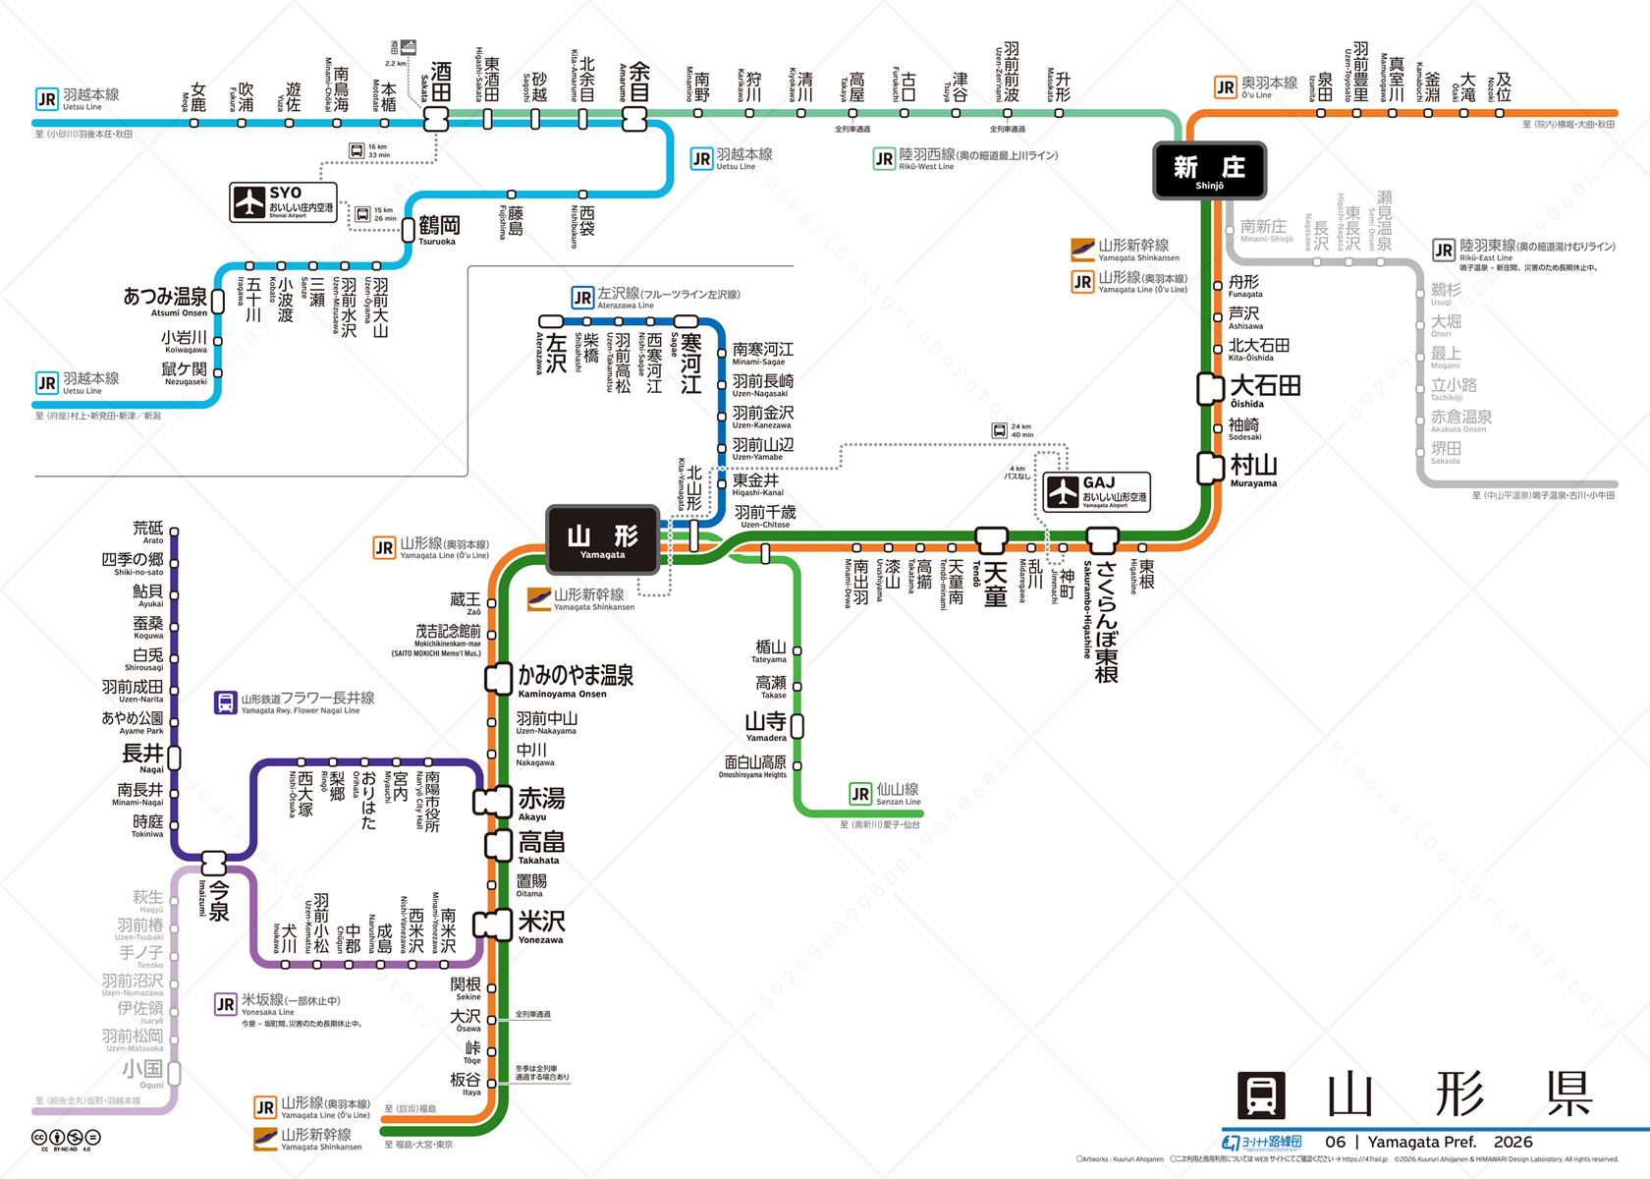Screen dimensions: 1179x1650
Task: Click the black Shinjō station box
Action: click(1209, 171)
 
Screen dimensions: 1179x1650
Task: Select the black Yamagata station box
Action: click(602, 539)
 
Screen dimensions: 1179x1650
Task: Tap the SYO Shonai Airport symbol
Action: click(249, 202)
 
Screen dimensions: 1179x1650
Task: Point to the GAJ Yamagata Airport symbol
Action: click(1063, 491)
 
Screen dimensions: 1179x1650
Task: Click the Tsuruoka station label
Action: click(438, 229)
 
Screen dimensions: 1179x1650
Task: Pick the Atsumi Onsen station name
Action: click(165, 300)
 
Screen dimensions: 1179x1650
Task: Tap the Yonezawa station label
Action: click(541, 926)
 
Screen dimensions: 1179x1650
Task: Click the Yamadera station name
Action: click(766, 726)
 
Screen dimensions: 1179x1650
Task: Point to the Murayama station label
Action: click(1253, 469)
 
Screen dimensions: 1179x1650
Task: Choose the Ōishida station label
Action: click(1265, 389)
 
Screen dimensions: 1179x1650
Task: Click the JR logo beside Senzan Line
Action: click(860, 794)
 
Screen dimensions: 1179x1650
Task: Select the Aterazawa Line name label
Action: click(668, 297)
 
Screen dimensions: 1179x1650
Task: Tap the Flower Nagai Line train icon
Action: click(226, 702)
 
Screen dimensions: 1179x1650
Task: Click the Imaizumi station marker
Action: click(214, 864)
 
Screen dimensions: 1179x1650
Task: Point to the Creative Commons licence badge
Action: click(66, 1140)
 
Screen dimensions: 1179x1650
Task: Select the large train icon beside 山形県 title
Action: click(1261, 1095)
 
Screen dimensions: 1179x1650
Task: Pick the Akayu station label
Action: click(540, 803)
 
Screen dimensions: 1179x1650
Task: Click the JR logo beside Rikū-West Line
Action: click(884, 159)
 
